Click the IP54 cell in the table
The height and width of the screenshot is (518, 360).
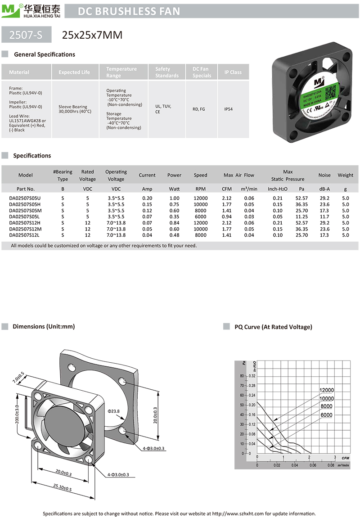233,108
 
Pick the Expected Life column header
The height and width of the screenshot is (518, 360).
74,72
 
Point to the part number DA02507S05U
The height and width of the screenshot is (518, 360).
25,198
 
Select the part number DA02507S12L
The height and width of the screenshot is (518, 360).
25,235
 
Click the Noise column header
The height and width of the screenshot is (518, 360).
324,175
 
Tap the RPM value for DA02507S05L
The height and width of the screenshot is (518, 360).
200,216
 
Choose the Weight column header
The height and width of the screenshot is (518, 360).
345,175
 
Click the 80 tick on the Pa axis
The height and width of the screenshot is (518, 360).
241,376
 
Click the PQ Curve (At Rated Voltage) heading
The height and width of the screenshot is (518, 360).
273,327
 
